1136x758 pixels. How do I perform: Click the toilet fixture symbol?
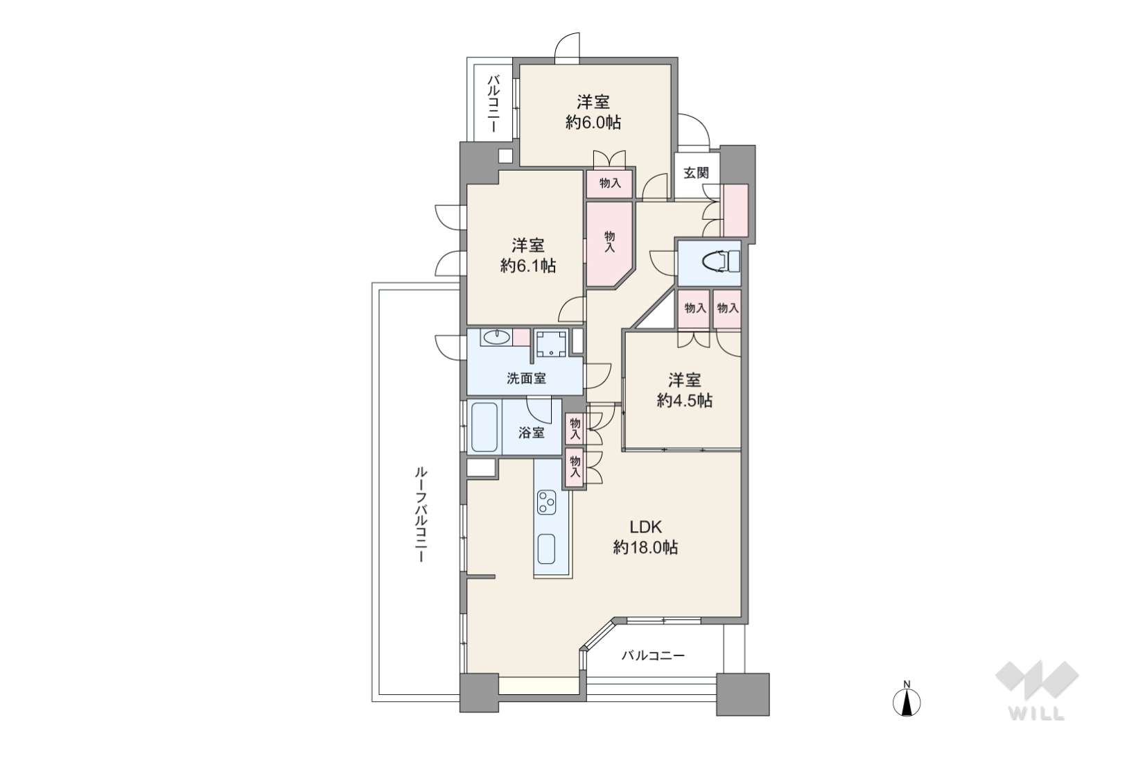click(x=721, y=262)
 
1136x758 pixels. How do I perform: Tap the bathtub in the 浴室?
click(x=484, y=427)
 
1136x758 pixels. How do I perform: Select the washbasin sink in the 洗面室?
click(x=496, y=337)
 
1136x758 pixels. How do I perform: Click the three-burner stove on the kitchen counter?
click(x=547, y=502)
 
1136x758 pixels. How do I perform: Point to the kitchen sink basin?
click(x=546, y=549)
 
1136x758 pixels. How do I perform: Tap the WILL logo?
click(x=1037, y=690)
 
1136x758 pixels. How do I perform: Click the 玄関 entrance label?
click(x=696, y=173)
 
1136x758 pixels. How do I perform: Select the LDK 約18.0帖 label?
click(x=645, y=537)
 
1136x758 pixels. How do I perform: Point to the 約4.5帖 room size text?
click(x=685, y=402)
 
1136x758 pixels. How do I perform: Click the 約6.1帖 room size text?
click(x=528, y=266)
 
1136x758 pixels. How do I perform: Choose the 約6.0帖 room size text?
click(x=593, y=123)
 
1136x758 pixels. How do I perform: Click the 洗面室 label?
click(x=527, y=378)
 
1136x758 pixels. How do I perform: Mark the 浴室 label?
click(x=532, y=433)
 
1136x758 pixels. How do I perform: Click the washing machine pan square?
click(x=551, y=344)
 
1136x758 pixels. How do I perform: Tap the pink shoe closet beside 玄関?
click(x=735, y=210)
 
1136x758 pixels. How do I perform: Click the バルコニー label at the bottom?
click(x=653, y=656)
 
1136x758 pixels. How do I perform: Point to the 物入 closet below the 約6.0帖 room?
click(x=610, y=183)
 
